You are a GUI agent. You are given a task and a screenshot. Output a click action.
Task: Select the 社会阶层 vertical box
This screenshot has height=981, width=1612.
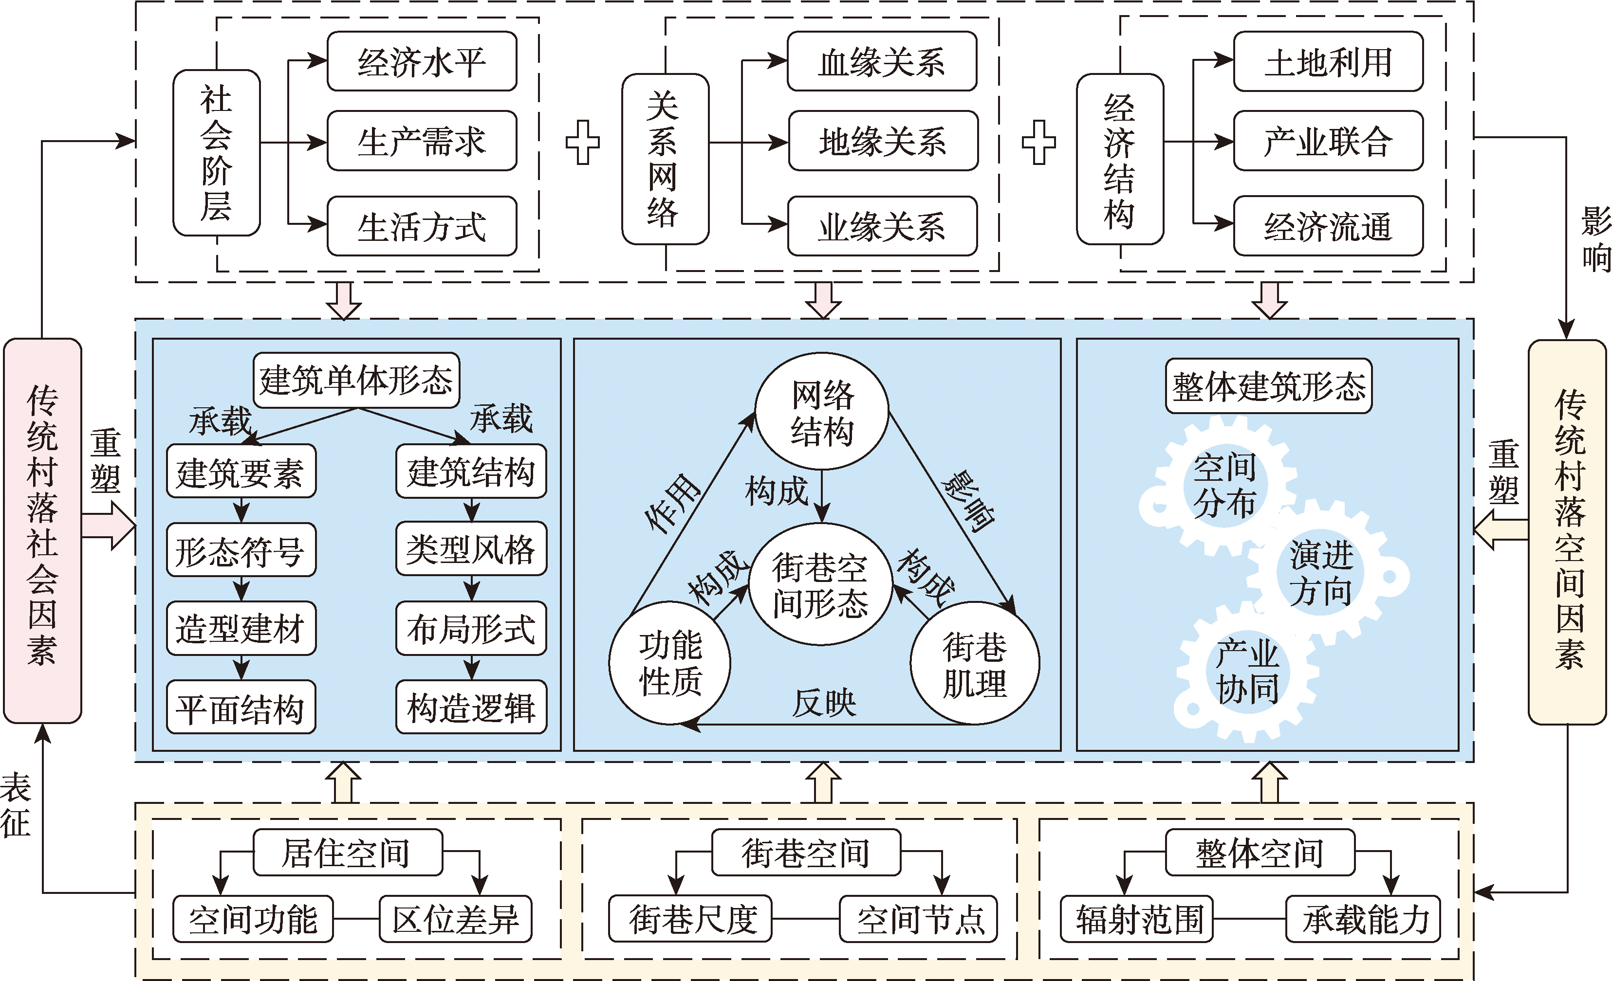(x=217, y=152)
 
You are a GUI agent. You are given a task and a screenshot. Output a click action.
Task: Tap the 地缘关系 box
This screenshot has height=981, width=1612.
(x=883, y=141)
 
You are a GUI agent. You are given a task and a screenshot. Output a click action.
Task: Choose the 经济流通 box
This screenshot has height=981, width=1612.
(x=1328, y=226)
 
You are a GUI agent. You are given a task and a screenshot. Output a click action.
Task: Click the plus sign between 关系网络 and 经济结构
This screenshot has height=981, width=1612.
(x=1038, y=142)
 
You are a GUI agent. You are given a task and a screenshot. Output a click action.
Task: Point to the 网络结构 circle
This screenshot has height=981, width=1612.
(x=822, y=412)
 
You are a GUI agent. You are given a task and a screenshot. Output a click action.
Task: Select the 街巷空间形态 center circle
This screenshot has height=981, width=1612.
(x=820, y=584)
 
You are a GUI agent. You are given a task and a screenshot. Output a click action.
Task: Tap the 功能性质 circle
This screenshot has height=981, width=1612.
(x=670, y=662)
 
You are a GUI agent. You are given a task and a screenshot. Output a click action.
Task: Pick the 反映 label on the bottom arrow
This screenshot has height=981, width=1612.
(x=824, y=703)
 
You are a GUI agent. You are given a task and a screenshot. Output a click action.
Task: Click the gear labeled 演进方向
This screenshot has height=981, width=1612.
(x=1321, y=572)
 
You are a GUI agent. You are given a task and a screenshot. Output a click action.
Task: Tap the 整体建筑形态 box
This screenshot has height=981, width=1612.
(x=1269, y=386)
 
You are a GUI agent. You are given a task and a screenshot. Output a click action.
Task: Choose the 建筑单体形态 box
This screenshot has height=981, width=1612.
(x=356, y=380)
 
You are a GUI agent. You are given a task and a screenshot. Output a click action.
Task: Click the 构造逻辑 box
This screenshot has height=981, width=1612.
(x=471, y=708)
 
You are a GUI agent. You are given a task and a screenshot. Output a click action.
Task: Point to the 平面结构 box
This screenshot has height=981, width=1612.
(x=241, y=708)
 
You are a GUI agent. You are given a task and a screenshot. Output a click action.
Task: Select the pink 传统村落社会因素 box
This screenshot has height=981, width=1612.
(x=42, y=530)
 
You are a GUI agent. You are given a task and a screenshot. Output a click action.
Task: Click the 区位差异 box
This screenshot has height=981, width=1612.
(x=455, y=919)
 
